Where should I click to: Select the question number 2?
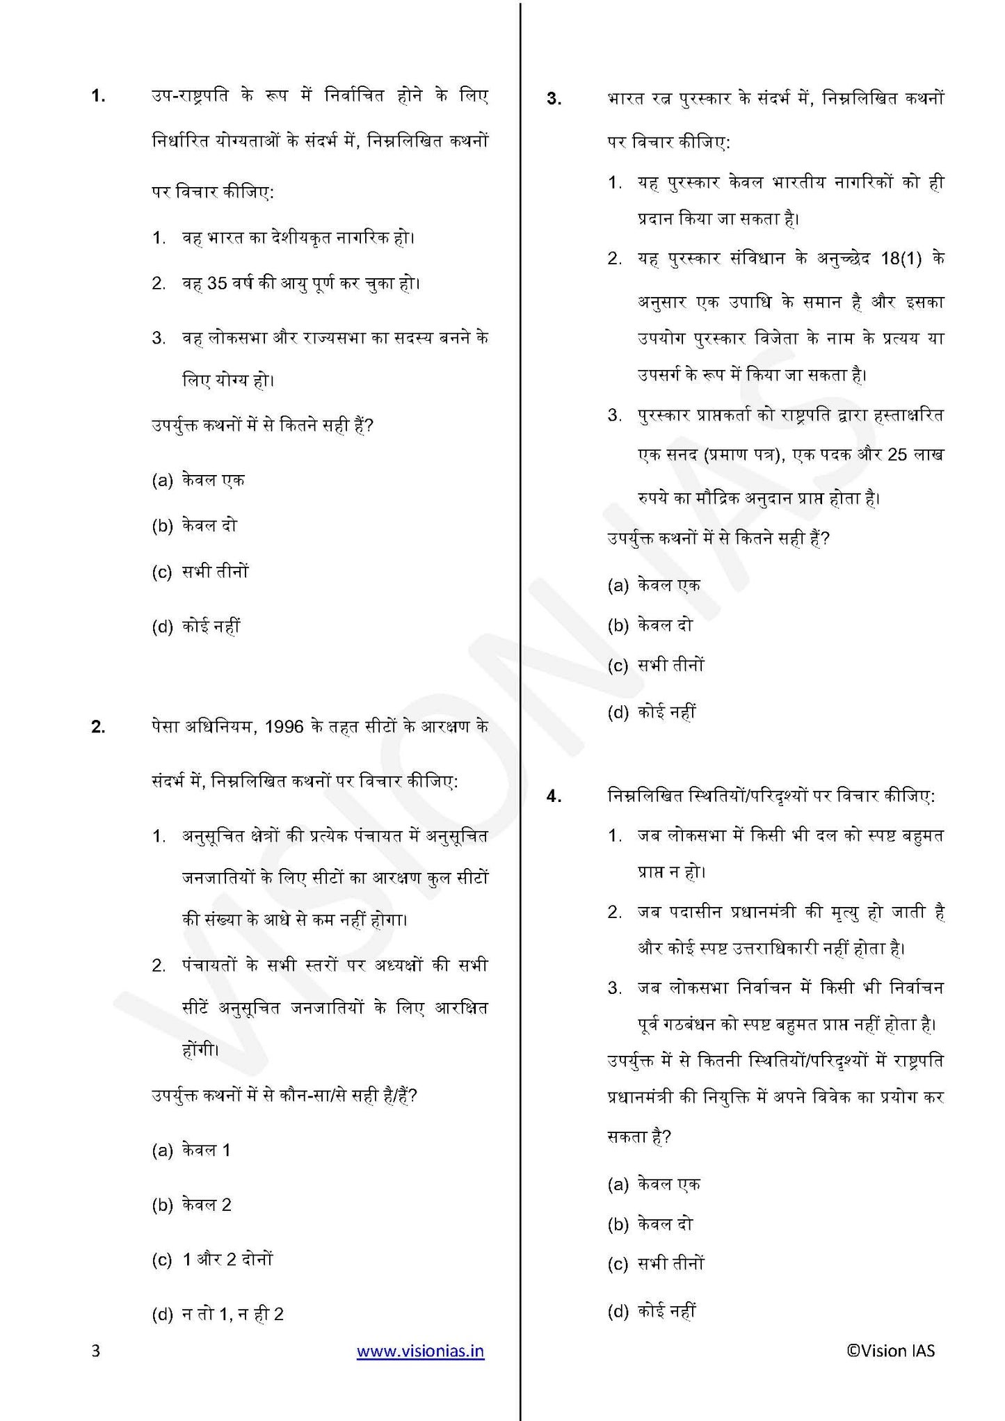point(98,728)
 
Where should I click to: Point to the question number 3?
point(554,99)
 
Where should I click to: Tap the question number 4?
point(554,797)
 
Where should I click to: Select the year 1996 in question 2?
point(284,727)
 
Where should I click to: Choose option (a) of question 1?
point(198,481)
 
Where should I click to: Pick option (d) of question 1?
point(195,627)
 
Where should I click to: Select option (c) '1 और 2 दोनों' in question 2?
point(212,1260)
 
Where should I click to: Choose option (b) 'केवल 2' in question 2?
point(191,1205)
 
